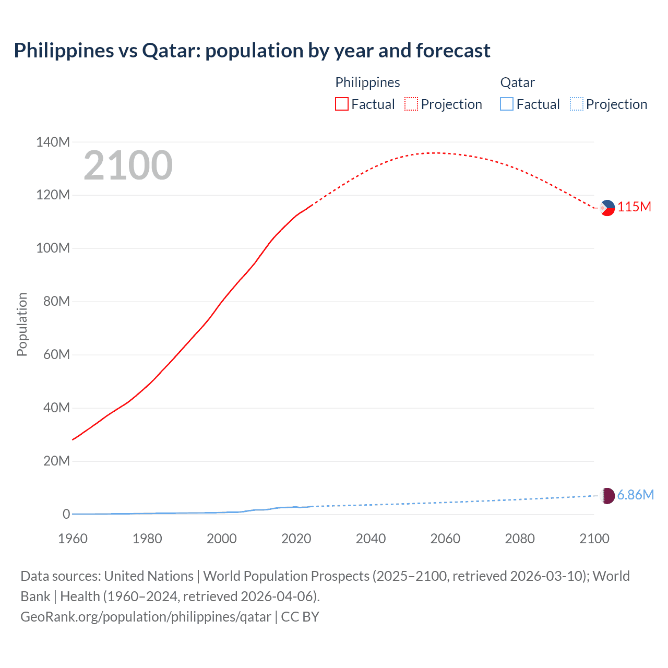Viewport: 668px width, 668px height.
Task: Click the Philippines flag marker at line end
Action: tap(607, 208)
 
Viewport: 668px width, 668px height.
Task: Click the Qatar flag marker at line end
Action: tap(607, 496)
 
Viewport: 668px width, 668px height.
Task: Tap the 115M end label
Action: tap(634, 207)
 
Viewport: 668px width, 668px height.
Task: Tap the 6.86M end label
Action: tap(635, 495)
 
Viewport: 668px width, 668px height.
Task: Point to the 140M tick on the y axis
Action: tap(53, 142)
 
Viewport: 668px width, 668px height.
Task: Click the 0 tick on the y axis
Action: tap(66, 515)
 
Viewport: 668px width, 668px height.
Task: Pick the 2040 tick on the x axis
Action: tap(371, 539)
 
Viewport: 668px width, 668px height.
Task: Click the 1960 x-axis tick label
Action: tap(73, 539)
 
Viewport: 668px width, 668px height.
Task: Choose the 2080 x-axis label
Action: tap(520, 539)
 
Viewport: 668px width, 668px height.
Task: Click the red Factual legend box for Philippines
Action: tap(341, 104)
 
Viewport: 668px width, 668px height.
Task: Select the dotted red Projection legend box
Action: tap(411, 104)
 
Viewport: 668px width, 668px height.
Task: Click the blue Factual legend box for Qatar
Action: tap(507, 104)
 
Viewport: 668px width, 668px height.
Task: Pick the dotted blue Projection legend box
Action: tap(576, 104)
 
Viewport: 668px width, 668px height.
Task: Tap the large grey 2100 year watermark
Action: tap(128, 165)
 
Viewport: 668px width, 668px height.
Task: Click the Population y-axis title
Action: tap(22, 325)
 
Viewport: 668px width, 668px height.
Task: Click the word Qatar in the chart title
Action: tap(171, 51)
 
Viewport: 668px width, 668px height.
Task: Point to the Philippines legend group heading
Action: tap(367, 82)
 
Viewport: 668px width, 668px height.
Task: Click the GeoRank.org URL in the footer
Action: tap(146, 617)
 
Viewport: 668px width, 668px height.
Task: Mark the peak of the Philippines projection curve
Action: tap(436, 153)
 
